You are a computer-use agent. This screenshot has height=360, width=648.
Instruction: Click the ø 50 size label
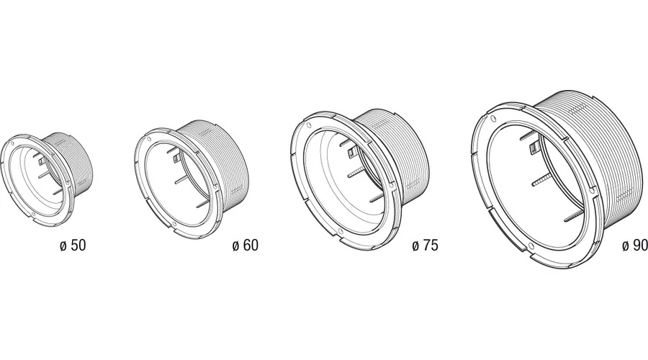[73, 245]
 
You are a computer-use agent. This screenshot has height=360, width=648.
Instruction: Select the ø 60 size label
[246, 245]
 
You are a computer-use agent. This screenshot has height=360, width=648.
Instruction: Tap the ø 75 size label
[425, 245]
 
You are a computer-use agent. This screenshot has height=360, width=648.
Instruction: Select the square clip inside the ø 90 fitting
[534, 148]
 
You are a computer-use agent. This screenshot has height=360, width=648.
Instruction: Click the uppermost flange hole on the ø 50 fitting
[12, 144]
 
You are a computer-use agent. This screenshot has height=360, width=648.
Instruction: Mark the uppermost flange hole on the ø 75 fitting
[308, 125]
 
